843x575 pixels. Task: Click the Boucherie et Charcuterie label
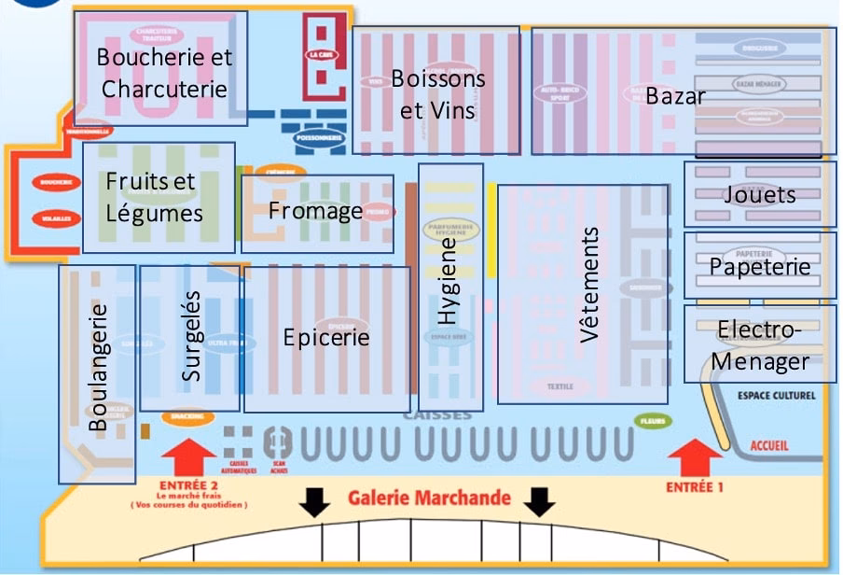165,73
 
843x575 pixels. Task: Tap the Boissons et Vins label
438,94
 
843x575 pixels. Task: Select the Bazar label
675,96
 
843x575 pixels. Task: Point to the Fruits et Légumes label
154,197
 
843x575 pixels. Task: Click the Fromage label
315,211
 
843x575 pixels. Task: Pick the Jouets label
760,195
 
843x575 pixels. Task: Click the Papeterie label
760,267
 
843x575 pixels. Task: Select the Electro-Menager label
759,345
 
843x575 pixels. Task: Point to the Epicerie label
326,337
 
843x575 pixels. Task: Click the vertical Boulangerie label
98,367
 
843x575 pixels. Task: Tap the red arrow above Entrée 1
696,457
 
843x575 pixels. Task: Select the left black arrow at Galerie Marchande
315,503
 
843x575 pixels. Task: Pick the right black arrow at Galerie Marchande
539,503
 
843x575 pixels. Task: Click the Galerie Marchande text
429,498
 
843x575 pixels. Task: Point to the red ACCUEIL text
768,446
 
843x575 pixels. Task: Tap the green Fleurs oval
654,421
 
